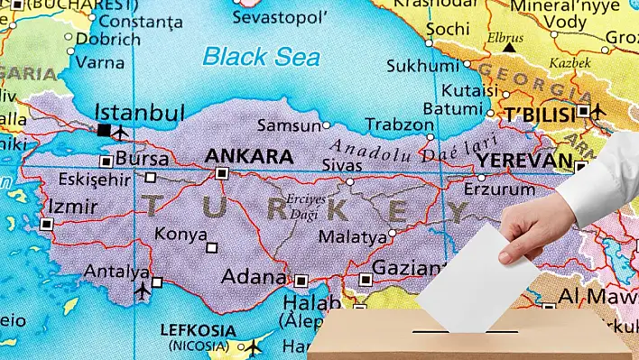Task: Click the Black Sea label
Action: (x=261, y=56)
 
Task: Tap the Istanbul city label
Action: (x=140, y=114)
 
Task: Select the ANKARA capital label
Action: (x=249, y=155)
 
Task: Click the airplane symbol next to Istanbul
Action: (x=120, y=134)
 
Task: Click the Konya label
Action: (x=181, y=234)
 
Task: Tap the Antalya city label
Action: (x=116, y=271)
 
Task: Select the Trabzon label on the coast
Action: (x=399, y=125)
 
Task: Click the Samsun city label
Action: (x=288, y=125)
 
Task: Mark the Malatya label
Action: (x=353, y=237)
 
